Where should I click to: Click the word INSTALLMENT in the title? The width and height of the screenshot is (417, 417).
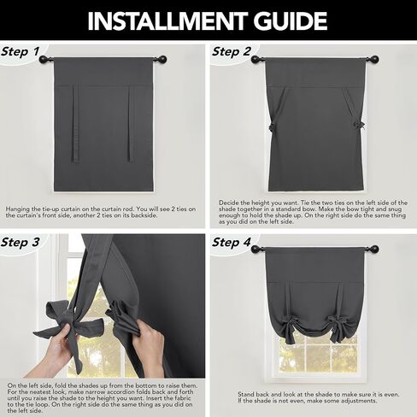coord(167,21)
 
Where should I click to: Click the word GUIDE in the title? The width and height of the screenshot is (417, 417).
coord(291,21)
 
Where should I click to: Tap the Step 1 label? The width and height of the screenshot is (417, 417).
coord(20,51)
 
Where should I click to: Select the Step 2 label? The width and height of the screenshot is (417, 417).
coord(232,51)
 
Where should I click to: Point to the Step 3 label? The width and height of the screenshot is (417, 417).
coord(20,242)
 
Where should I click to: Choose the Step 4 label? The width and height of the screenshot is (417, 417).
coord(232,242)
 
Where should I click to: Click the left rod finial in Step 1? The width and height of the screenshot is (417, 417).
coord(44,60)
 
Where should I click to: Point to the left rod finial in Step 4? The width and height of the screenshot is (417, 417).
coord(255,249)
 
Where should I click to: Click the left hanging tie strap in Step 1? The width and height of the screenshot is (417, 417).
coord(76,124)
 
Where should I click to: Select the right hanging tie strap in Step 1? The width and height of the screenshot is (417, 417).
coord(131,124)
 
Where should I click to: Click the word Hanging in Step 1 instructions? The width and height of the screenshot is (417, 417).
coord(19,209)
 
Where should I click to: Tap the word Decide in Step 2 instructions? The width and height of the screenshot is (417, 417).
coord(229,203)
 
